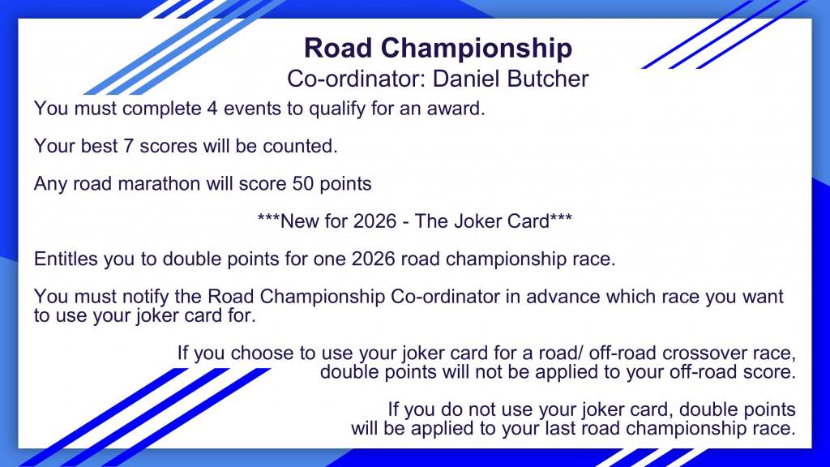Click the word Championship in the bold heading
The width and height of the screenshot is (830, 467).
click(x=477, y=49)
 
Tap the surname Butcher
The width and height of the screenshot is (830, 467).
click(x=548, y=79)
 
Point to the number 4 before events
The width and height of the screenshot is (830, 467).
click(x=212, y=109)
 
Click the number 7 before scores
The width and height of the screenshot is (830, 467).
click(x=128, y=146)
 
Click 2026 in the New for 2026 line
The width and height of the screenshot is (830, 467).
click(x=374, y=221)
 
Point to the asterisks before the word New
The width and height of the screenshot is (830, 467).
click(x=268, y=217)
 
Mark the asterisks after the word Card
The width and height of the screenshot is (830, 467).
click(x=561, y=217)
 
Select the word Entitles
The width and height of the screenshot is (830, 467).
click(x=66, y=259)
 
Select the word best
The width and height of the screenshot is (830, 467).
click(x=99, y=146)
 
